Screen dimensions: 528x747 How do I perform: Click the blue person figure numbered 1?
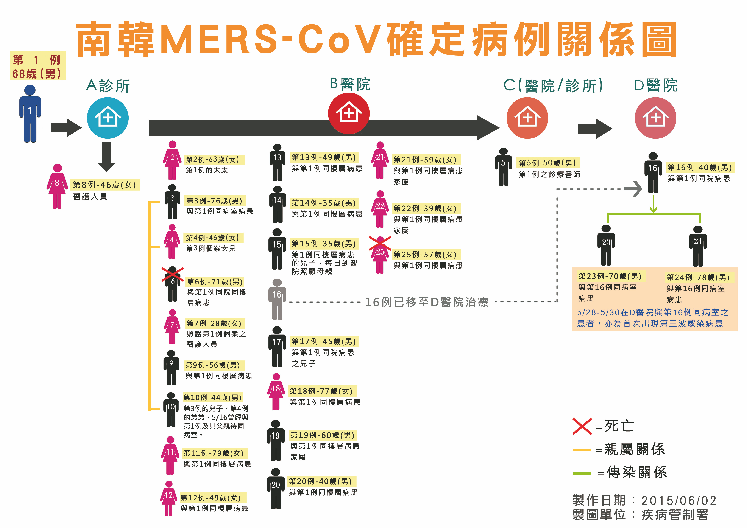click(x=30, y=114)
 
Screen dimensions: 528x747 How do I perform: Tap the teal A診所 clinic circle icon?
click(x=108, y=118)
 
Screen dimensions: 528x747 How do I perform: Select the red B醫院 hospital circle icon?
click(x=349, y=113)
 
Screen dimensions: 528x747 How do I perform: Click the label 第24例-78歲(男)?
click(x=698, y=277)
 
